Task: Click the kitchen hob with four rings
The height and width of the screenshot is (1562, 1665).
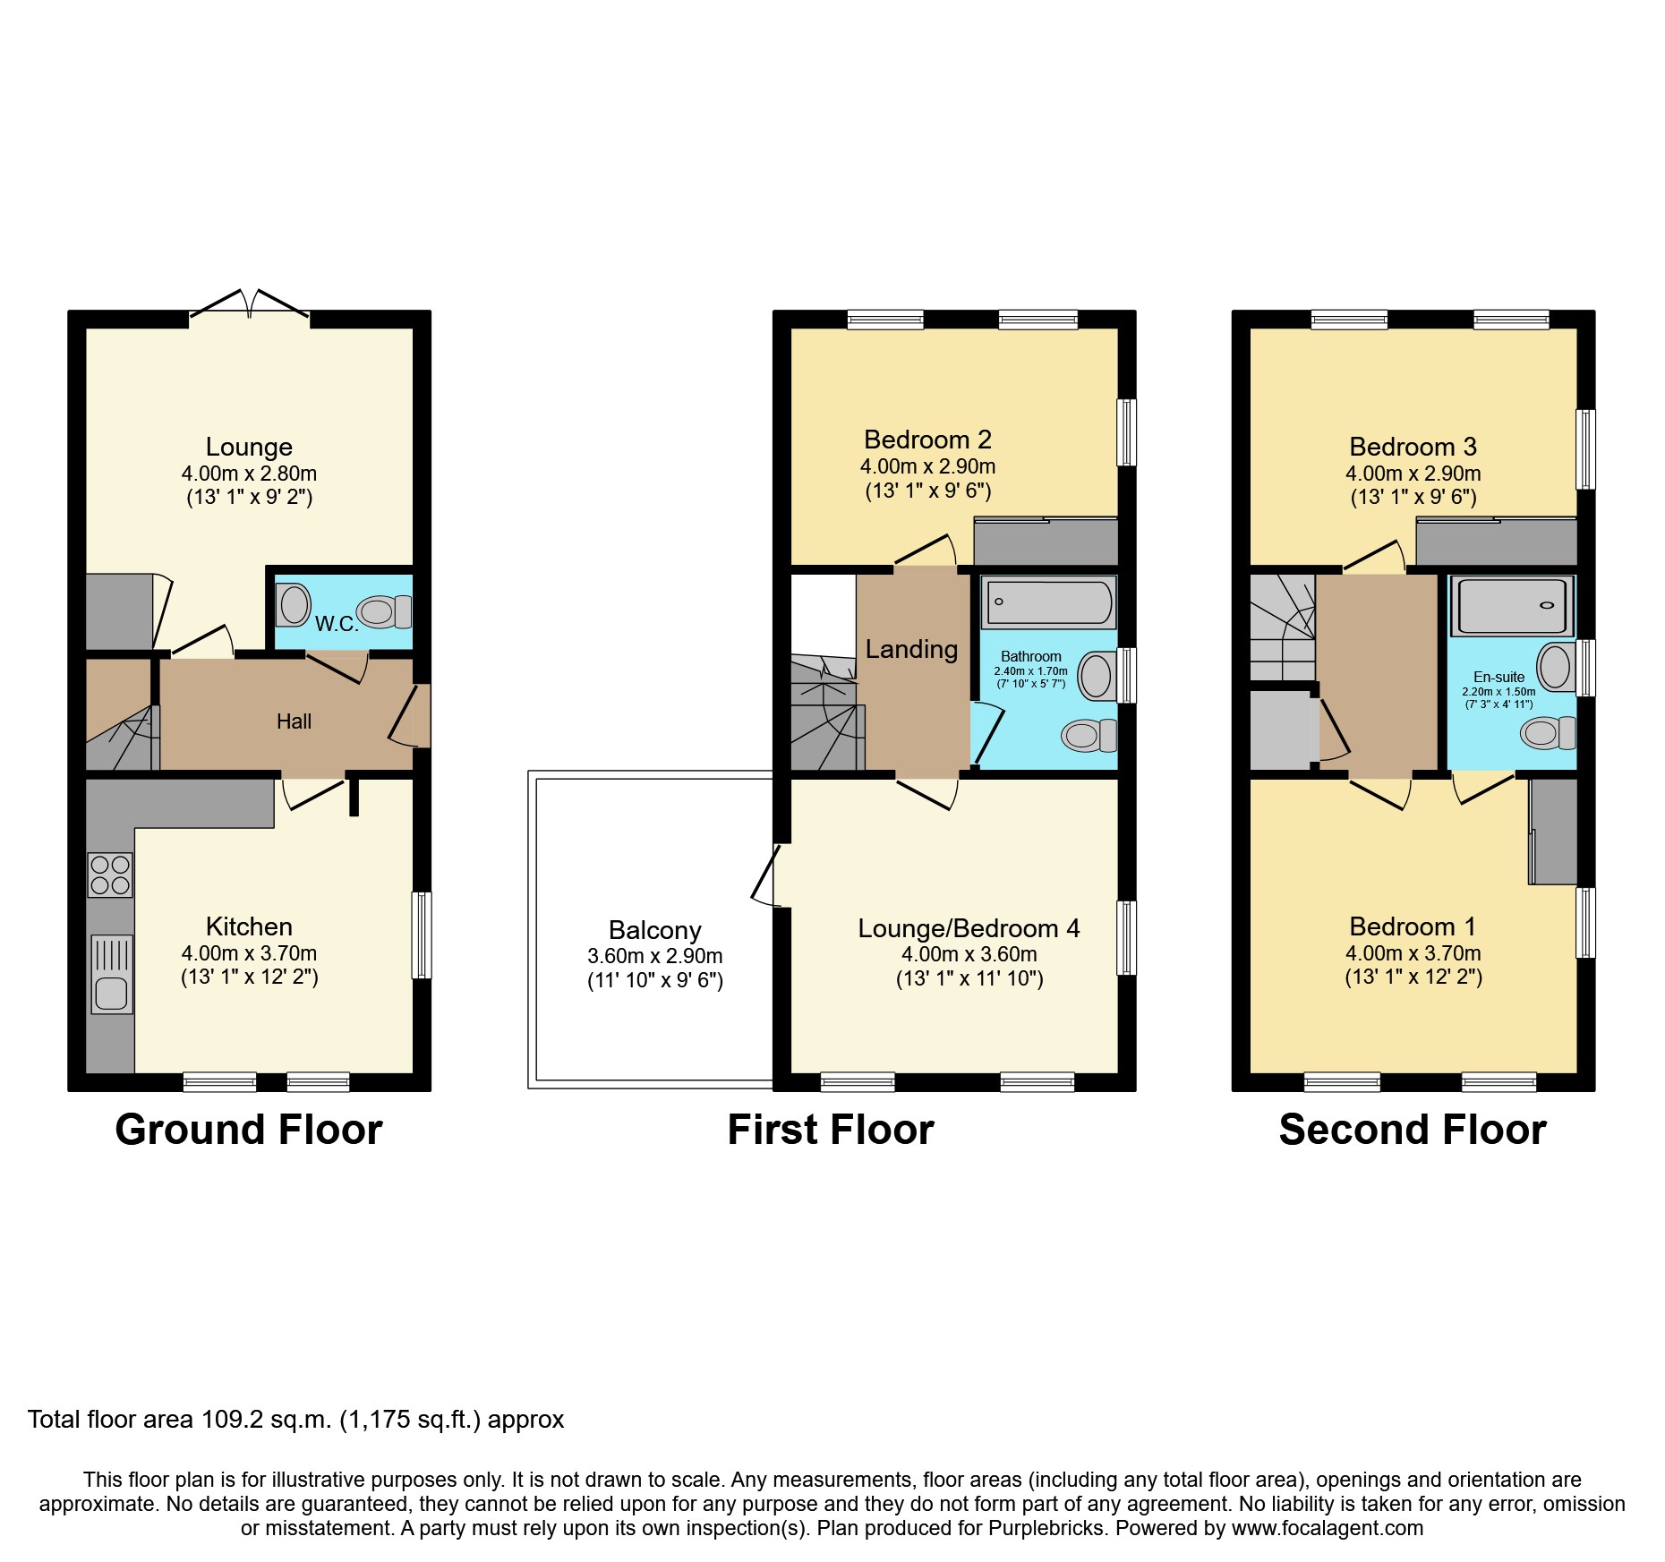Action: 110,875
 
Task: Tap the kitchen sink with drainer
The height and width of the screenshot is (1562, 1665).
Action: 111,974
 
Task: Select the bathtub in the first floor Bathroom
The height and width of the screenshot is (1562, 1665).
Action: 1048,602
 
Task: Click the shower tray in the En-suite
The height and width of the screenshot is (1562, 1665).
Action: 1511,606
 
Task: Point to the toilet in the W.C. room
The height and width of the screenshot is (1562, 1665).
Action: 384,612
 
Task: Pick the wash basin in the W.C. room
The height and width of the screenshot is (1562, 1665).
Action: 293,604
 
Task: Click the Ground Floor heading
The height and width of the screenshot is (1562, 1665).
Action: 249,1130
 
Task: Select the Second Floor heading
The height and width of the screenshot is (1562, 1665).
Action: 1413,1130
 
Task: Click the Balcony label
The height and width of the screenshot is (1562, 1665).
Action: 654,930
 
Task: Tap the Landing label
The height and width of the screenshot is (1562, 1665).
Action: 911,649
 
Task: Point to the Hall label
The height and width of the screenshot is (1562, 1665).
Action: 294,721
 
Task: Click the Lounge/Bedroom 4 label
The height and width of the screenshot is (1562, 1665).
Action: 969,929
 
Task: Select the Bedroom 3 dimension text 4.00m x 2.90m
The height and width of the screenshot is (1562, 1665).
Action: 1413,474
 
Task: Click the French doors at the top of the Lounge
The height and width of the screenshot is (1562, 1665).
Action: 250,304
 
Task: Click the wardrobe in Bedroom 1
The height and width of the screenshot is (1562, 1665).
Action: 1553,832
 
